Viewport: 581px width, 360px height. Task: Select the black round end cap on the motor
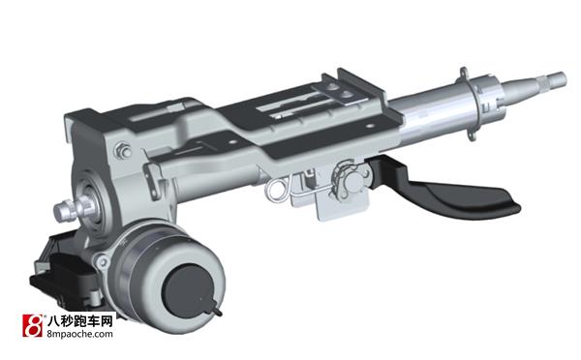(x=188, y=290)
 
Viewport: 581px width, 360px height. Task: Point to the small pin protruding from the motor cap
(x=216, y=310)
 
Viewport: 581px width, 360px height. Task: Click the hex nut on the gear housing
(x=123, y=152)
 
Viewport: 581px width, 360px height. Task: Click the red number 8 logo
(x=33, y=325)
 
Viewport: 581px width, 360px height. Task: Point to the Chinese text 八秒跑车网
(x=80, y=320)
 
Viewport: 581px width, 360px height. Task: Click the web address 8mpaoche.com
(x=80, y=334)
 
